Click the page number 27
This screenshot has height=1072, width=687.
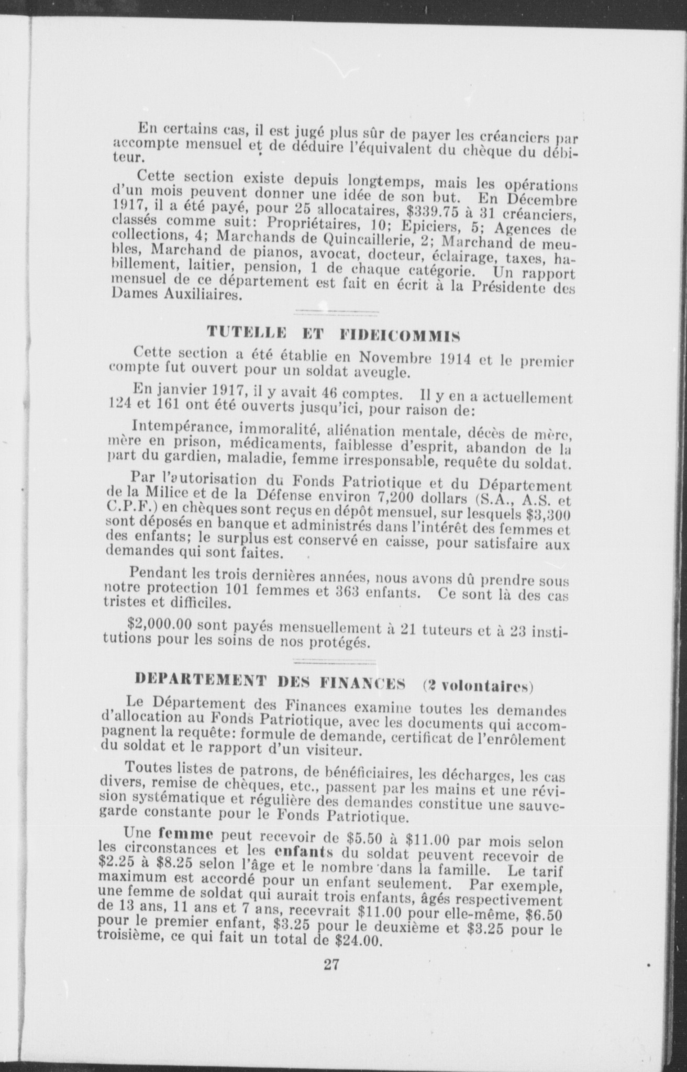click(x=331, y=963)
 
